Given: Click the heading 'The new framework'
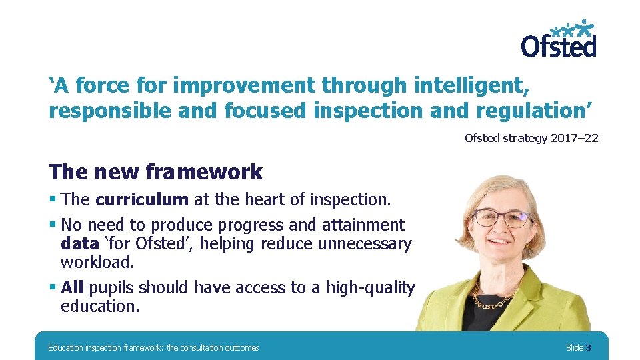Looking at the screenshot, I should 155,172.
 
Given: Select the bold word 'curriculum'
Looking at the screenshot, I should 142,200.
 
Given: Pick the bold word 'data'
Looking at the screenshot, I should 79,244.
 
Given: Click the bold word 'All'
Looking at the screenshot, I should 72,288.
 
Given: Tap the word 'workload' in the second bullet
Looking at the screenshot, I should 96,263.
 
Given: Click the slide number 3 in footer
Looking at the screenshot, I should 588,347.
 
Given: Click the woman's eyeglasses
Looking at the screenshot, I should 502,217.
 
